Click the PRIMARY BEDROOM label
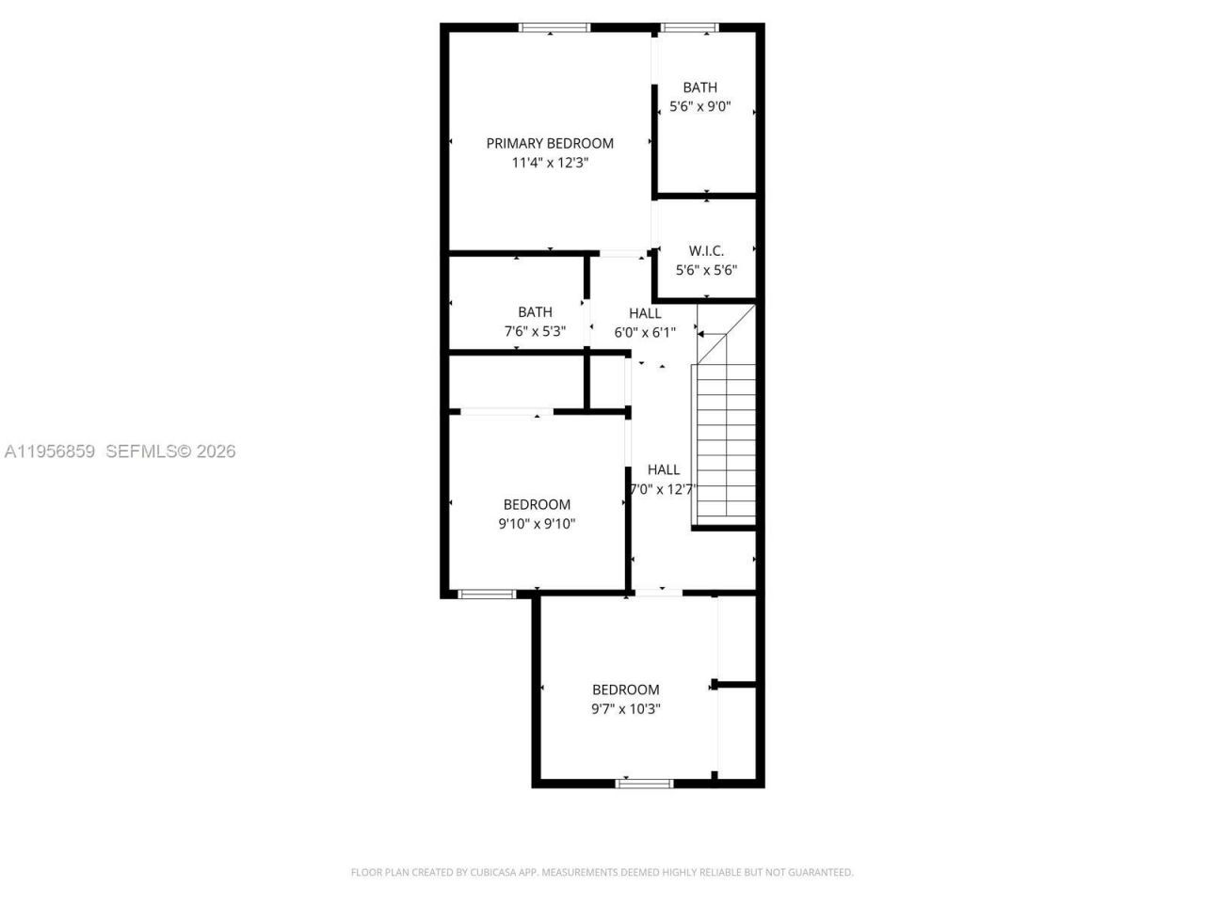click(550, 143)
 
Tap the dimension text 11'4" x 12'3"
click(550, 163)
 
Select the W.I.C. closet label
click(706, 250)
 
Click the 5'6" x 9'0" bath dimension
click(699, 106)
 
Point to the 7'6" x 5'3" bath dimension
click(535, 331)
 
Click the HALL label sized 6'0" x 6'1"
click(645, 313)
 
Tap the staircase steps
click(725, 442)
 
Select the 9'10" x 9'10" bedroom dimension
click(537, 524)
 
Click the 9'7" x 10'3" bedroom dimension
click(626, 709)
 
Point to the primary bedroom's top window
click(555, 27)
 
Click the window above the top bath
click(690, 27)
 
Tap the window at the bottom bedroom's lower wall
click(645, 783)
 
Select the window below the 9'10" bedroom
click(487, 594)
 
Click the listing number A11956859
click(50, 451)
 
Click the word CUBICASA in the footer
click(492, 873)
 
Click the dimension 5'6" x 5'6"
click(706, 270)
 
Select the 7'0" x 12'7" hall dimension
click(663, 489)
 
